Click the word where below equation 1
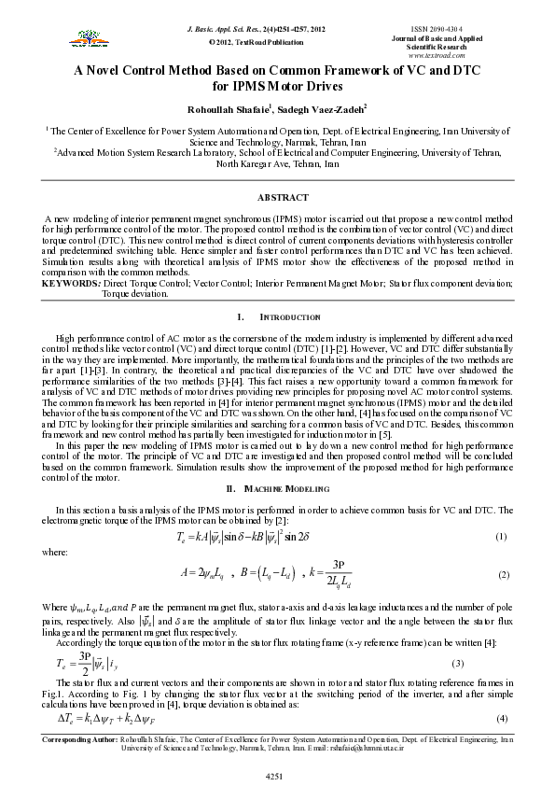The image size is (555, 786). click(x=55, y=553)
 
